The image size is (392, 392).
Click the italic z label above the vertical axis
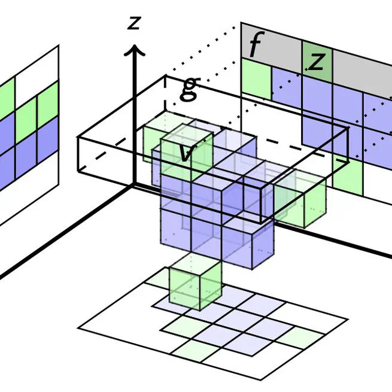[135, 22]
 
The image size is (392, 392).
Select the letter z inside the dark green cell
[317, 60]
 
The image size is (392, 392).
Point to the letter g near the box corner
[189, 89]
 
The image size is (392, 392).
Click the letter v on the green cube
[186, 153]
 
